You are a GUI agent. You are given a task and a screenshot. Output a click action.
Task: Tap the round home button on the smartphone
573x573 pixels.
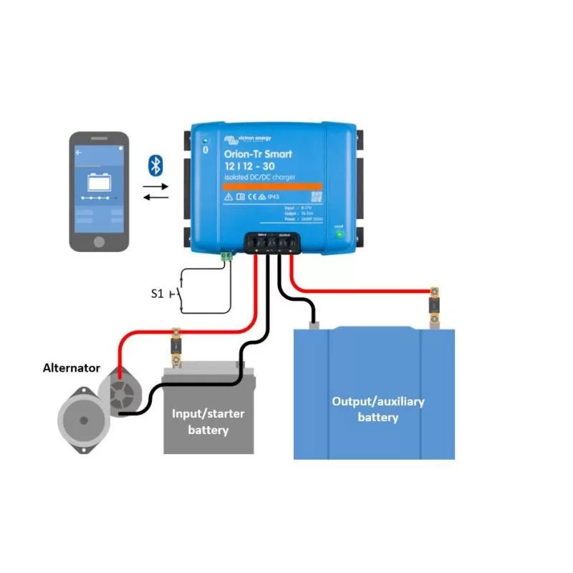pos(100,236)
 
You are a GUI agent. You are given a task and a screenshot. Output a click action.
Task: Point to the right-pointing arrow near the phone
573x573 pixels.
pos(155,186)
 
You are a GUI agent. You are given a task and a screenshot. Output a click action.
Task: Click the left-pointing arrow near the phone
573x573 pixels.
pos(155,198)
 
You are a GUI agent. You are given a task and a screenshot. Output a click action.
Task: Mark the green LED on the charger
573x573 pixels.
pos(339,234)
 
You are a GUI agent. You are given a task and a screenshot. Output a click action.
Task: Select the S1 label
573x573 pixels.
pos(157,293)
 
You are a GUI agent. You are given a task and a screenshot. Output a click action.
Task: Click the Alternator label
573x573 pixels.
pos(71,367)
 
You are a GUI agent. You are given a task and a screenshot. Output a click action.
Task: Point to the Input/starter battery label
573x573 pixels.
pos(208,422)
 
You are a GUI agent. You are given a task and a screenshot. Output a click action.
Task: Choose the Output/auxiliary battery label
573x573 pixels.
pos(377,408)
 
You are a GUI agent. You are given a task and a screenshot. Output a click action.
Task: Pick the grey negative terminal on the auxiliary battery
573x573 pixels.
pos(314,325)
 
